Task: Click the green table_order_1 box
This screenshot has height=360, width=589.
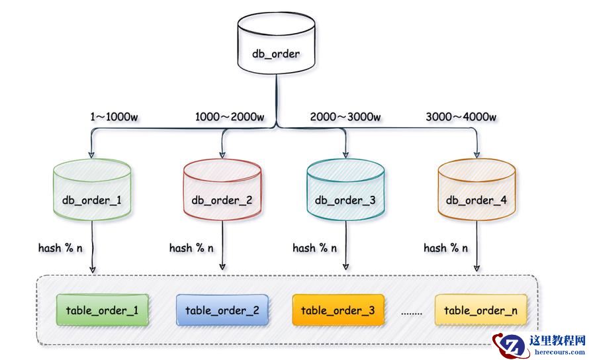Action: [x=102, y=310]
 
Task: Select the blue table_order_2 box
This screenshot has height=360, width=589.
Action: [x=222, y=310]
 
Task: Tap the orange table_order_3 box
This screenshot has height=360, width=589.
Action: [x=338, y=310]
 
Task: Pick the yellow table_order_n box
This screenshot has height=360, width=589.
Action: [x=480, y=310]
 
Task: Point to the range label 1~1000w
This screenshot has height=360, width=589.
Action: [x=114, y=117]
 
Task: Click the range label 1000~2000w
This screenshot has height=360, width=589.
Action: [x=230, y=117]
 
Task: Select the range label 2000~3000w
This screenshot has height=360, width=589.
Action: [x=345, y=117]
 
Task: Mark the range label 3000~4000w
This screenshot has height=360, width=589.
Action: [x=461, y=117]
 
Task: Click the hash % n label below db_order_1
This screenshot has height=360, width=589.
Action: [x=60, y=248]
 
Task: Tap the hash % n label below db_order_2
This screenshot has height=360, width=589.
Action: [x=191, y=248]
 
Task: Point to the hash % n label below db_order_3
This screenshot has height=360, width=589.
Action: [x=314, y=248]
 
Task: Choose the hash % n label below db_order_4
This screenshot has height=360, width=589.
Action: [x=445, y=248]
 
